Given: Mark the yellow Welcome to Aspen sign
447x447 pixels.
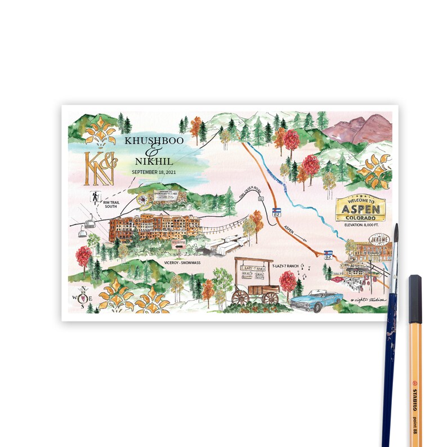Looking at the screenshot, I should click(360, 209).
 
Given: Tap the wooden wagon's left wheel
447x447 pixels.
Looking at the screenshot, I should click(241, 297).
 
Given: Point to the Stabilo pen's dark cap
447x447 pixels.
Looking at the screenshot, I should click(415, 290).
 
